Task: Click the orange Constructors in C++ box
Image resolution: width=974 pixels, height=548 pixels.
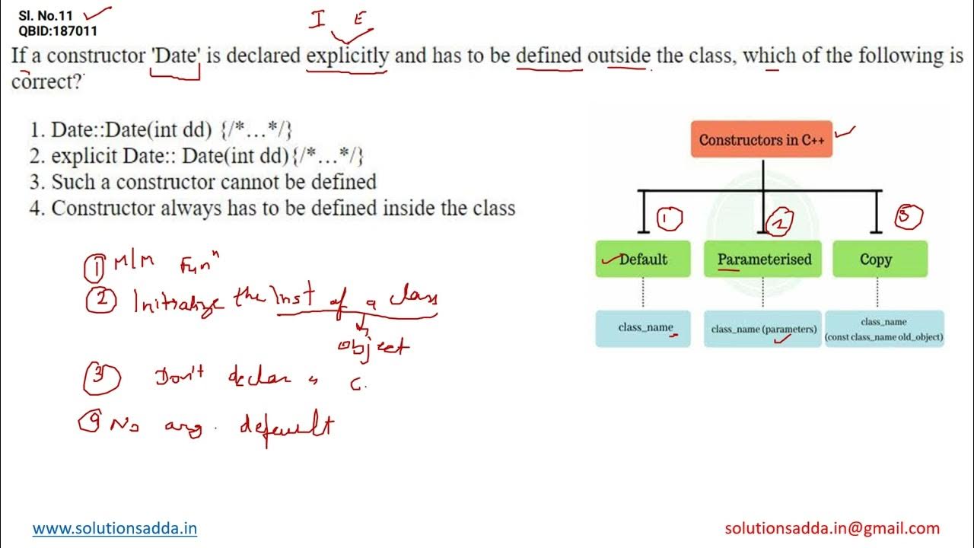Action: (x=761, y=139)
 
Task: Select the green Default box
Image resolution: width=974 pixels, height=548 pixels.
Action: (x=643, y=259)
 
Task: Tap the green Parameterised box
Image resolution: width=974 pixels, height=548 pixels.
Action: (x=763, y=259)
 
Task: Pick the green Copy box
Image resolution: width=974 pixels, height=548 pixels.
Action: (x=876, y=259)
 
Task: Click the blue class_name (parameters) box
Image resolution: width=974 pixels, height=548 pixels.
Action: (x=763, y=329)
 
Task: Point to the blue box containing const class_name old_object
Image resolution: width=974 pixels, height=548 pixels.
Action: (x=884, y=329)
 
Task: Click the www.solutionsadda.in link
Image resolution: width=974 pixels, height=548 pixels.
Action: (x=115, y=528)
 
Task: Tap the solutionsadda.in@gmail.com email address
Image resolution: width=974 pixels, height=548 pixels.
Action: (x=832, y=528)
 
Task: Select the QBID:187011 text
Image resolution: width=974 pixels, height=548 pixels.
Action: (x=57, y=31)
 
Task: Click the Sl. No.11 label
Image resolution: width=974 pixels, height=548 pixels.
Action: (x=47, y=15)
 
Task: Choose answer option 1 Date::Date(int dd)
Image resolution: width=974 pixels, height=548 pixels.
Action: (x=161, y=129)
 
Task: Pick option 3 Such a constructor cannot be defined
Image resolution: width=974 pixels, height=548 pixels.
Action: (x=203, y=182)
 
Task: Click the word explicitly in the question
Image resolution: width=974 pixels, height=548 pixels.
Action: (x=347, y=56)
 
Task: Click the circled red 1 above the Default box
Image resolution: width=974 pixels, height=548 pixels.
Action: (x=668, y=220)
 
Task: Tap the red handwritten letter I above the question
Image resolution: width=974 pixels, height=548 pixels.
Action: (x=317, y=20)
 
